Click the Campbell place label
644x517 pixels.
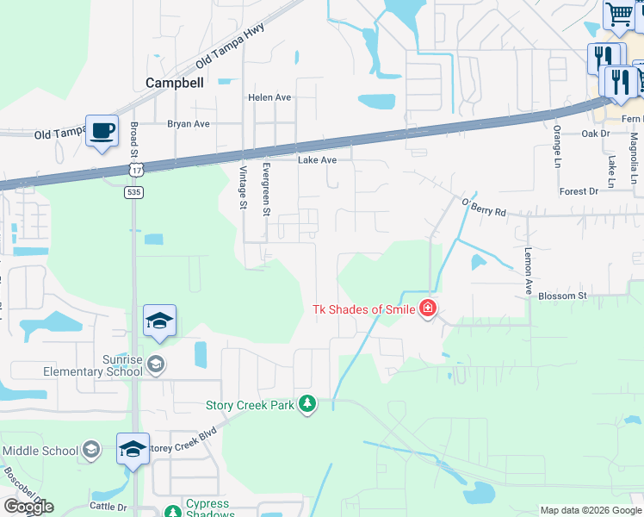click(x=175, y=83)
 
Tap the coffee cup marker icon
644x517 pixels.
click(x=102, y=130)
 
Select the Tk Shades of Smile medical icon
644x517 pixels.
click(x=427, y=309)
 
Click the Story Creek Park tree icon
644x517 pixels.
click(x=307, y=404)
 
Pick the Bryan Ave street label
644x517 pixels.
click(x=189, y=124)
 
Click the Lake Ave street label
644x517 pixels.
click(x=317, y=160)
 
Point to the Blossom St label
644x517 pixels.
click(x=561, y=296)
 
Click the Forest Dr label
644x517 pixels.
click(x=578, y=191)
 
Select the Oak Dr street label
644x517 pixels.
click(x=595, y=134)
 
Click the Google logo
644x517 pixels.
click(x=28, y=507)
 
